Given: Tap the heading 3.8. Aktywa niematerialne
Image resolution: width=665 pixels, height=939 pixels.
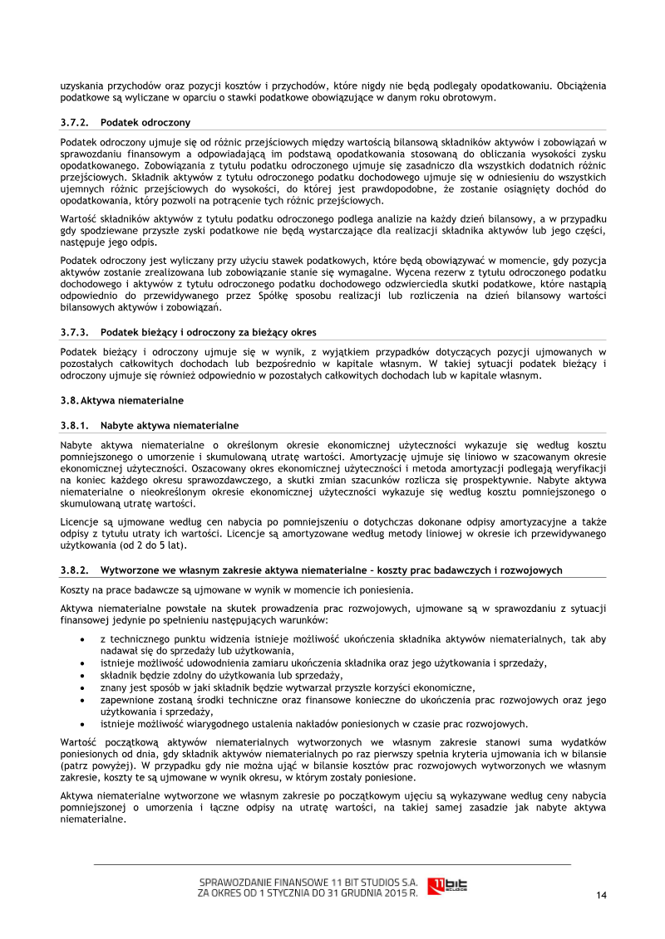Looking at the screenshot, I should [121, 400].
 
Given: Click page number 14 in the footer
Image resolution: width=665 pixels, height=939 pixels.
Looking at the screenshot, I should [602, 894].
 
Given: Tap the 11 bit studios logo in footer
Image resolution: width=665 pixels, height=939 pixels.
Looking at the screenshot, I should [447, 886].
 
